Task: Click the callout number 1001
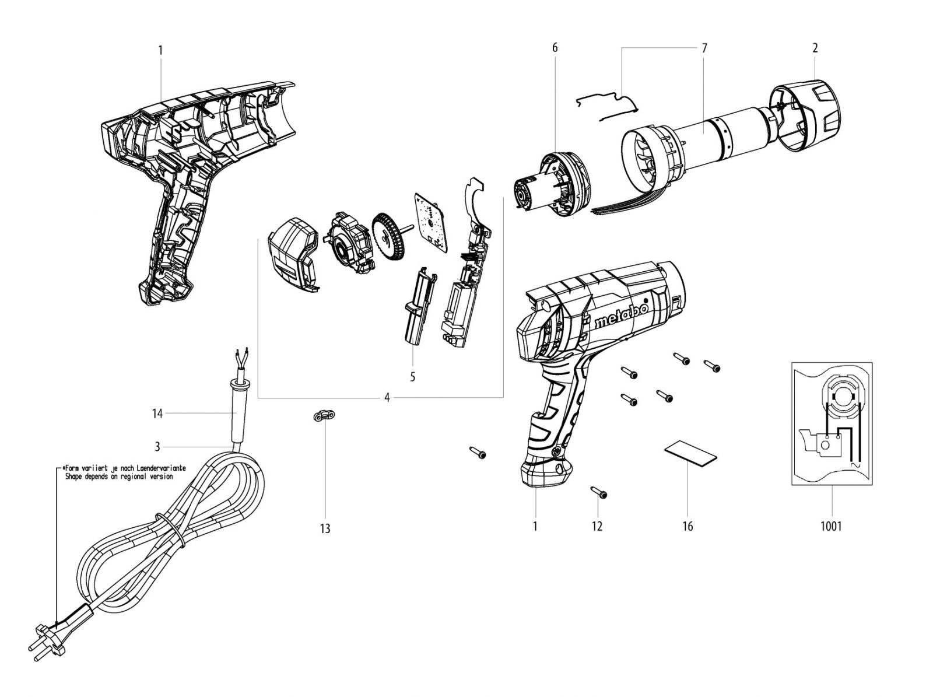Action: (x=830, y=527)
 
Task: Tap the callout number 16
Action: (x=688, y=527)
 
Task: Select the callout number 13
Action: (x=325, y=528)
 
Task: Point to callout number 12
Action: (x=597, y=527)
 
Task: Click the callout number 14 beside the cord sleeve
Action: (x=157, y=413)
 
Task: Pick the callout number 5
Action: (x=412, y=377)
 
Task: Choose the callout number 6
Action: (x=555, y=48)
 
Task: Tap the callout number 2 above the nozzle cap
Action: (x=815, y=48)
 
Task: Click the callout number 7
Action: (x=704, y=48)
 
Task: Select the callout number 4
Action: (x=387, y=398)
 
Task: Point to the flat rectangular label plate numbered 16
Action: (x=690, y=455)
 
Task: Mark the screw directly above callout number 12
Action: (x=598, y=493)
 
